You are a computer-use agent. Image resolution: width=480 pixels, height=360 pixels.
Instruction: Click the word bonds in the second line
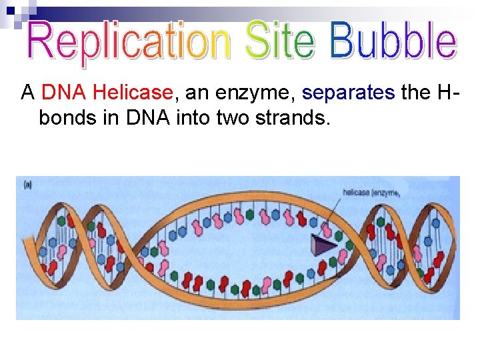coord(65,118)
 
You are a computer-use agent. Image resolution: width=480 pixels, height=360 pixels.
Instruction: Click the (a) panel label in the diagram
coord(27,185)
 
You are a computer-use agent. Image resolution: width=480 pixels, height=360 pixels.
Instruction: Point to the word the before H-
coord(415,93)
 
